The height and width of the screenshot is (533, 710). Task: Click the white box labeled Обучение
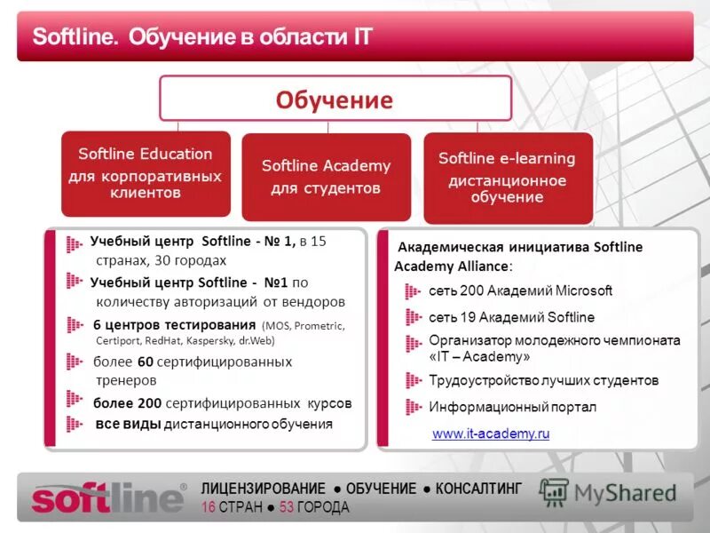pyautogui.click(x=335, y=99)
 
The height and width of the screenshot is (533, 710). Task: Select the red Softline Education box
pyautogui.click(x=146, y=173)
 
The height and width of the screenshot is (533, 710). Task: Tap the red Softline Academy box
pyautogui.click(x=326, y=177)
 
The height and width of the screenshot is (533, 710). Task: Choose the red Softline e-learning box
pyautogui.click(x=507, y=177)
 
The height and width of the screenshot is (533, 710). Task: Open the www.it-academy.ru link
pyautogui.click(x=491, y=434)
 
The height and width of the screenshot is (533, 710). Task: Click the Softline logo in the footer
pyautogui.click(x=108, y=497)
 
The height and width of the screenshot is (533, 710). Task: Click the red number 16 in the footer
pyautogui.click(x=209, y=507)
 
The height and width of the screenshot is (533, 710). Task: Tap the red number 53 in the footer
pyautogui.click(x=286, y=507)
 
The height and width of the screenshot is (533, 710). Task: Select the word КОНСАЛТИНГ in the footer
pyautogui.click(x=478, y=489)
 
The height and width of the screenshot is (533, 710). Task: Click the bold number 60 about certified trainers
pyautogui.click(x=146, y=362)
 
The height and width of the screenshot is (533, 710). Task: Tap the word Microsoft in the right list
pyautogui.click(x=583, y=290)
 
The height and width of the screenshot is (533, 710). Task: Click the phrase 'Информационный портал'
pyautogui.click(x=512, y=407)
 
